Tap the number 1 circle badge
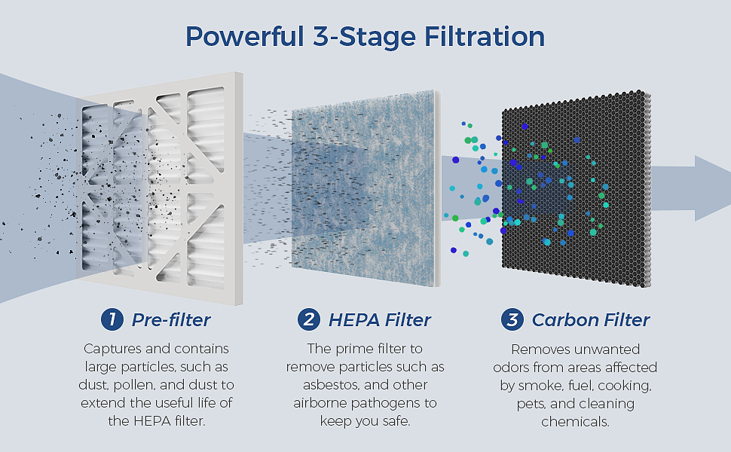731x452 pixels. click(112, 319)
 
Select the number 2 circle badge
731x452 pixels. click(308, 319)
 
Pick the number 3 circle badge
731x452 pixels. click(512, 319)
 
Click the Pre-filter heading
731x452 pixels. click(171, 319)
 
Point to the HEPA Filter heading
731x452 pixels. click(379, 319)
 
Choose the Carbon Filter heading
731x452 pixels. click(591, 319)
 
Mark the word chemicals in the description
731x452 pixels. click(575, 421)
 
